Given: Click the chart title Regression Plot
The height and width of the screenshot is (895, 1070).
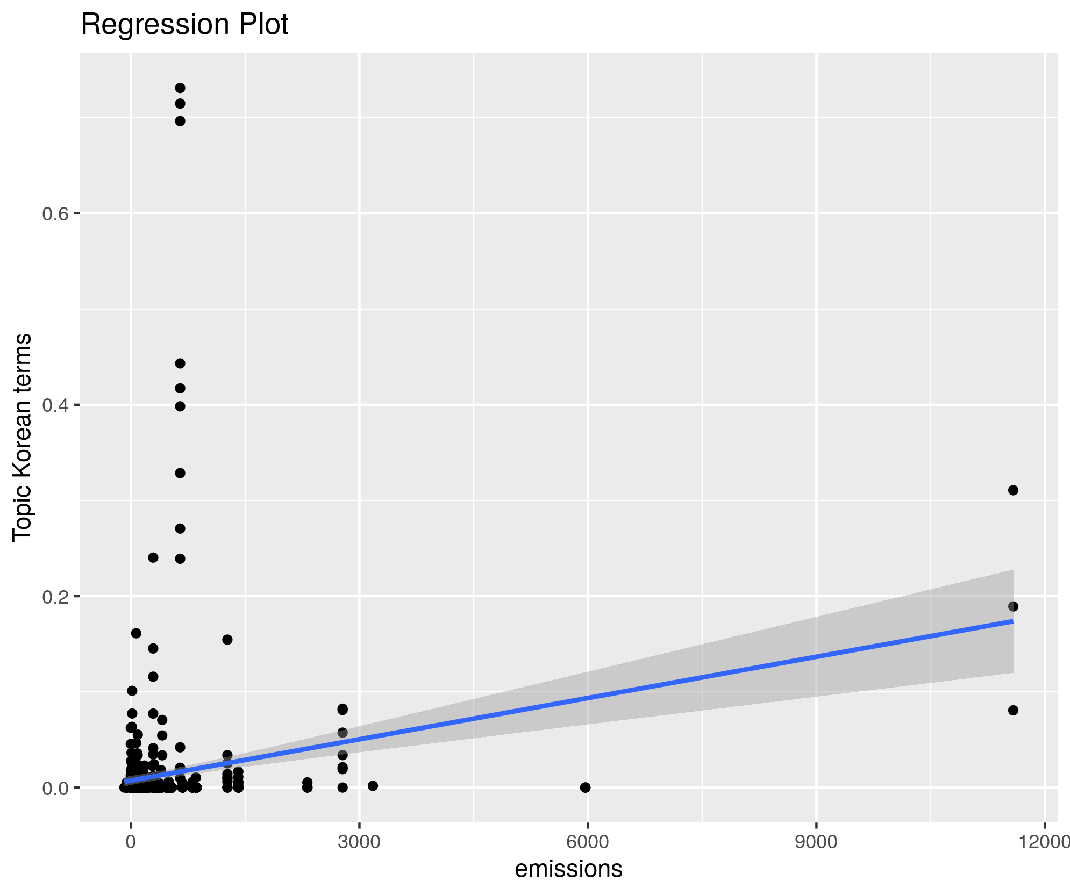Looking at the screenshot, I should (x=184, y=25).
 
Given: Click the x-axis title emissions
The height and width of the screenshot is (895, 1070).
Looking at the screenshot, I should (x=568, y=869).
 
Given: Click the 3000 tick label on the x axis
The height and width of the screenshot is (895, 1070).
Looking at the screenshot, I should (x=359, y=842).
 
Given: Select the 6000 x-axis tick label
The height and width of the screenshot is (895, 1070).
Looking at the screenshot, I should (x=588, y=842).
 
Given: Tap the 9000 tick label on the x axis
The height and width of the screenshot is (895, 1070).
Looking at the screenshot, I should (x=816, y=842).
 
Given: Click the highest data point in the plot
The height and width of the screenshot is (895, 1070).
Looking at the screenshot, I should (x=180, y=88).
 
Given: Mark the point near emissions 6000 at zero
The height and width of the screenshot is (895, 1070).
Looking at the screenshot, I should (x=586, y=787).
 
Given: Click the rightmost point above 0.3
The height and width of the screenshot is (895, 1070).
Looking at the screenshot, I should (x=1013, y=490).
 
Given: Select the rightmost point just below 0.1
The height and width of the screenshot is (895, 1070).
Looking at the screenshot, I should (x=1013, y=710).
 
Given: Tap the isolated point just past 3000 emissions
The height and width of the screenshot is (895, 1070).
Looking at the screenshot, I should (x=373, y=786).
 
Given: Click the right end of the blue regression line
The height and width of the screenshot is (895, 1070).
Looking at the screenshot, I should (x=1012, y=621).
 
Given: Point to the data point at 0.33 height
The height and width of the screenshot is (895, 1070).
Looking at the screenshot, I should (x=180, y=473).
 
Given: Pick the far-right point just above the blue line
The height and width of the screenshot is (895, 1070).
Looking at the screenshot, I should (x=1013, y=606).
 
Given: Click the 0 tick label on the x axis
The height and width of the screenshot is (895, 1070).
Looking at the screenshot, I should (x=131, y=842).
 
